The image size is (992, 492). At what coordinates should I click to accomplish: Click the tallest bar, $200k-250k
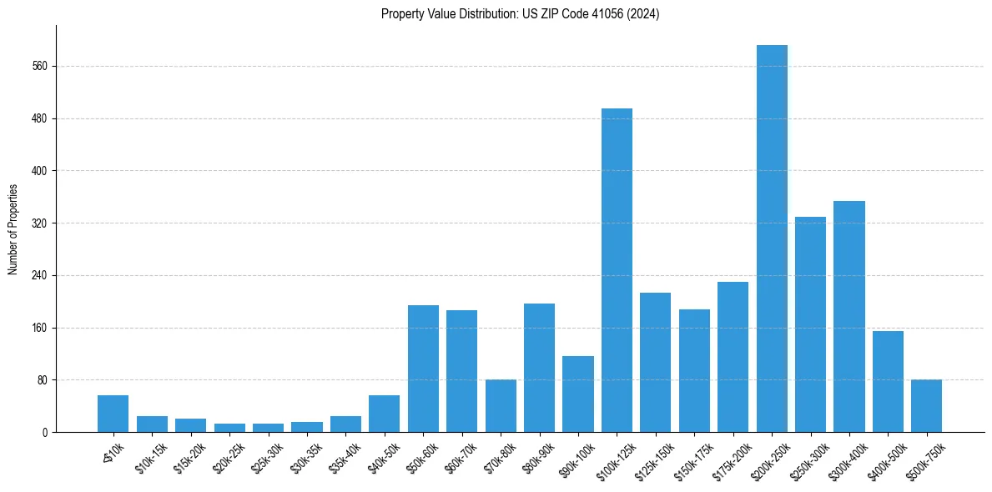click(x=772, y=238)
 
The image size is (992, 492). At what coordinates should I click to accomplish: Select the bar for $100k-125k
click(x=617, y=270)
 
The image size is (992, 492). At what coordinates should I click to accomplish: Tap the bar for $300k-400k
click(x=849, y=317)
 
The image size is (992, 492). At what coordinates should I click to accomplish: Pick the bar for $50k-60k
click(x=423, y=369)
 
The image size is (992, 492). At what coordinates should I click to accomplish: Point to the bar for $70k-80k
click(x=501, y=406)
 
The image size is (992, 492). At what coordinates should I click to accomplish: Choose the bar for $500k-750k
click(x=926, y=406)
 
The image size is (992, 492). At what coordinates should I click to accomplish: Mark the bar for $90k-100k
click(x=578, y=394)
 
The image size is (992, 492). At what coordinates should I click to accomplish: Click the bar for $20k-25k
click(x=229, y=428)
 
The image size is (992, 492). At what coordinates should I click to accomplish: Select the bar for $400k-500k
click(x=888, y=382)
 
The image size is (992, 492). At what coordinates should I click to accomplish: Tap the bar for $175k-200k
click(x=733, y=357)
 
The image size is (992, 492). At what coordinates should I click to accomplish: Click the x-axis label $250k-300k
click(x=807, y=458)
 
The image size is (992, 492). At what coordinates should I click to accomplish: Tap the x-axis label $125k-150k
click(x=652, y=458)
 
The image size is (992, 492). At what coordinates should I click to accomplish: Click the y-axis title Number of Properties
click(x=13, y=228)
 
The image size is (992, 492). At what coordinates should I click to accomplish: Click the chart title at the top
click(x=520, y=14)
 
